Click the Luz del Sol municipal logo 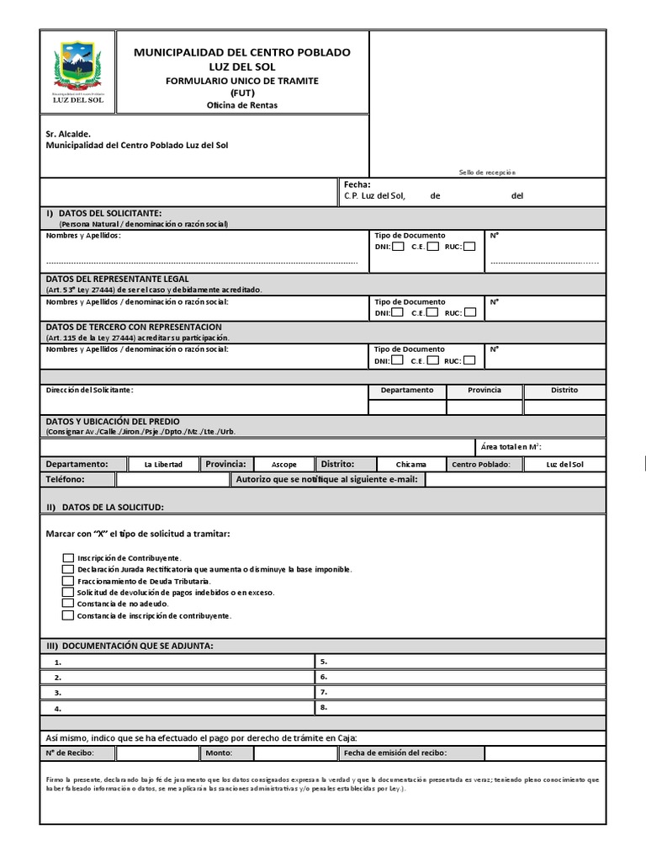[78, 71]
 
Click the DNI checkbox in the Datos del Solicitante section [398, 247]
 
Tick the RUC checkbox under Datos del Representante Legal [470, 312]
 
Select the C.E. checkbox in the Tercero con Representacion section [432, 360]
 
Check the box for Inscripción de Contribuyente [68, 557]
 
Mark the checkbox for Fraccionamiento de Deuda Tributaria [68, 581]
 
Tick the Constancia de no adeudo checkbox [68, 604]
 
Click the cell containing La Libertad [163, 464]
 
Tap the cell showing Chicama [411, 464]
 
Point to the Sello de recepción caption [487, 172]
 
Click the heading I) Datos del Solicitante [103, 214]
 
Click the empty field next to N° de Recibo [157, 753]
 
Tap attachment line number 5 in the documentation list [324, 662]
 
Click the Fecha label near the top [357, 184]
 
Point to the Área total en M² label [527, 447]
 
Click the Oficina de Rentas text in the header [241, 105]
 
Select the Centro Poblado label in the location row [481, 464]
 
